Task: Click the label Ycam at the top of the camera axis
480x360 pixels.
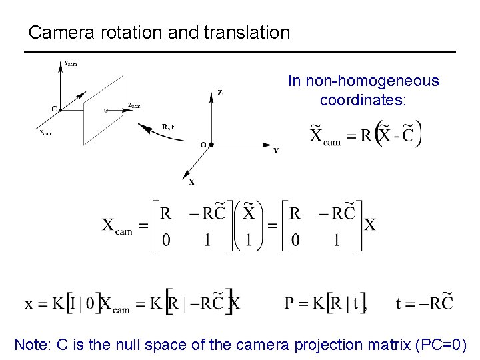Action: point(70,64)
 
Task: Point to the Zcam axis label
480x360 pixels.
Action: point(133,105)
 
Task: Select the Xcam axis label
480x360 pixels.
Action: point(45,132)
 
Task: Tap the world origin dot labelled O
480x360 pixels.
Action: point(211,143)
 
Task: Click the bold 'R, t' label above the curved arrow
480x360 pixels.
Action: point(168,126)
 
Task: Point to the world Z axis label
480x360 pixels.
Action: point(219,93)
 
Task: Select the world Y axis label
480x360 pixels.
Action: point(275,151)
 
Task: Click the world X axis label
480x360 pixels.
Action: point(191,181)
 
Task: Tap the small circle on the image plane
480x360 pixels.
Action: point(106,109)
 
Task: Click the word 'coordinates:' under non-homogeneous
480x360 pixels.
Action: point(363,100)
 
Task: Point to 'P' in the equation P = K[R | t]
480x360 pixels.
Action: point(289,303)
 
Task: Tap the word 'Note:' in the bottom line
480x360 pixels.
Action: point(35,345)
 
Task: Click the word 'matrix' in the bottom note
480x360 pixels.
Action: point(389,345)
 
